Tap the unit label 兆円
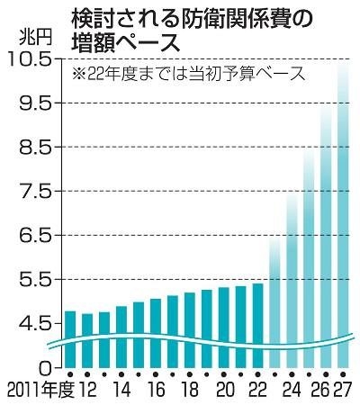pyautogui.click(x=32, y=38)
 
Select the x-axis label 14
pyautogui.click(x=121, y=391)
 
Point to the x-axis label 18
pyautogui.click(x=189, y=391)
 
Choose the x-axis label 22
pyautogui.click(x=257, y=391)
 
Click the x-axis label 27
pyautogui.click(x=342, y=391)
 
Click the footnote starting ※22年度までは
pyautogui.click(x=189, y=75)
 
